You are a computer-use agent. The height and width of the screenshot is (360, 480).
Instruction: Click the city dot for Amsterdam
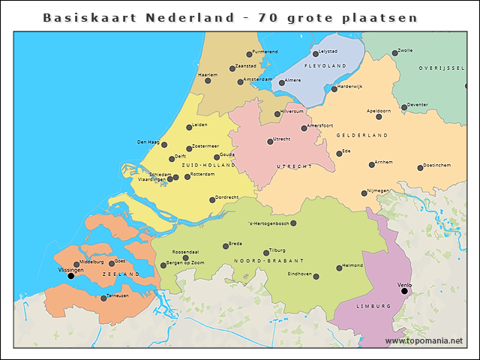pyautogui.click(x=241, y=82)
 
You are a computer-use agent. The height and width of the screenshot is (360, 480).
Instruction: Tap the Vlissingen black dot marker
pyautogui.click(x=71, y=276)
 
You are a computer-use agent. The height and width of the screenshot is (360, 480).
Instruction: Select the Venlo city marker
pyautogui.click(x=404, y=292)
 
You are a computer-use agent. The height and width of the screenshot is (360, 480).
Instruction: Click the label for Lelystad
pyautogui.click(x=329, y=52)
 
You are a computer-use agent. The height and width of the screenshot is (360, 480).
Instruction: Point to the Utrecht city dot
pyautogui.click(x=270, y=142)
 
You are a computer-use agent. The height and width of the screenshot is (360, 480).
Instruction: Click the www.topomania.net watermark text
pyautogui.click(x=424, y=341)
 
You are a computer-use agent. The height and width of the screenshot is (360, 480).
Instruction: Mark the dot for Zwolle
pyautogui.click(x=394, y=53)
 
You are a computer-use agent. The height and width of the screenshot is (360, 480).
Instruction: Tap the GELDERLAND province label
pyautogui.click(x=361, y=135)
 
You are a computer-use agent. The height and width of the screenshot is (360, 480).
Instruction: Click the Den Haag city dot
pyautogui.click(x=164, y=144)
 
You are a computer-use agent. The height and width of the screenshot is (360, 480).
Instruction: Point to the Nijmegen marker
pyautogui.click(x=364, y=193)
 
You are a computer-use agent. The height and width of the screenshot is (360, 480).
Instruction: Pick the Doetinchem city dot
pyautogui.click(x=420, y=167)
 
